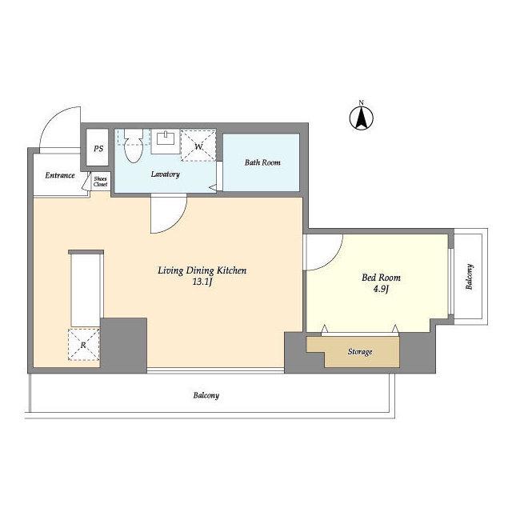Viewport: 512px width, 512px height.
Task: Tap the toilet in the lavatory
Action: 134,146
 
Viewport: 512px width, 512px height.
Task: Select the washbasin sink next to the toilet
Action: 166,141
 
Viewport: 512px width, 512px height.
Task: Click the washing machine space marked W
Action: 198,146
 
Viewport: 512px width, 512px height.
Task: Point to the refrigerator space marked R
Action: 83,345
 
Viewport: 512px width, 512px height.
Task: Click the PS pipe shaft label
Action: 98,149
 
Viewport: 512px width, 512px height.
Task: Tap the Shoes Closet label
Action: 100,182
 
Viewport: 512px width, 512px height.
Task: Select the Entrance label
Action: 60,175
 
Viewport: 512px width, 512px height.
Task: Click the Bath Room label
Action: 262,162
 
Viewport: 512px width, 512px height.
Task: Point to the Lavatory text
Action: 166,174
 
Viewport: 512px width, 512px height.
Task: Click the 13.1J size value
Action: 202,282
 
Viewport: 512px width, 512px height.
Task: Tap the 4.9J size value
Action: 381,289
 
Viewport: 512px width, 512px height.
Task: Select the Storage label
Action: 360,352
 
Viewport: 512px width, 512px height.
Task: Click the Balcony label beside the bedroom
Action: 470,277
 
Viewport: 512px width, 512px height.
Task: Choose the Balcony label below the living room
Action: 206,395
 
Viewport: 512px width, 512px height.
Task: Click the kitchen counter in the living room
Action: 86,288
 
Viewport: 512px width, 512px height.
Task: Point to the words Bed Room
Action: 381,278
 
